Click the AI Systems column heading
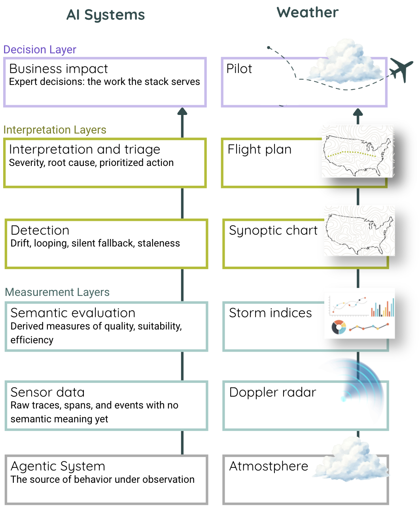(x=106, y=15)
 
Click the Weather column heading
(x=307, y=13)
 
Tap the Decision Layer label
(x=40, y=50)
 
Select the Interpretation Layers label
(x=55, y=130)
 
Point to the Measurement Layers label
(x=57, y=292)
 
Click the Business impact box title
(x=59, y=69)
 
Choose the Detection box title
(x=40, y=230)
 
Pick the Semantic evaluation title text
(x=73, y=313)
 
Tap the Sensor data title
(x=47, y=392)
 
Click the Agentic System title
(x=58, y=466)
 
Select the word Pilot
(x=239, y=69)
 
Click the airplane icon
(x=401, y=70)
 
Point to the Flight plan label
(x=259, y=149)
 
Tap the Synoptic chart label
(x=273, y=230)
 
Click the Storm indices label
(x=271, y=313)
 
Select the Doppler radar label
(x=272, y=392)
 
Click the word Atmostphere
(x=269, y=466)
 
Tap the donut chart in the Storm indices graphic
(x=339, y=328)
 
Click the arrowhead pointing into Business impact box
(x=182, y=112)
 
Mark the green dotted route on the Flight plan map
(x=352, y=152)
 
